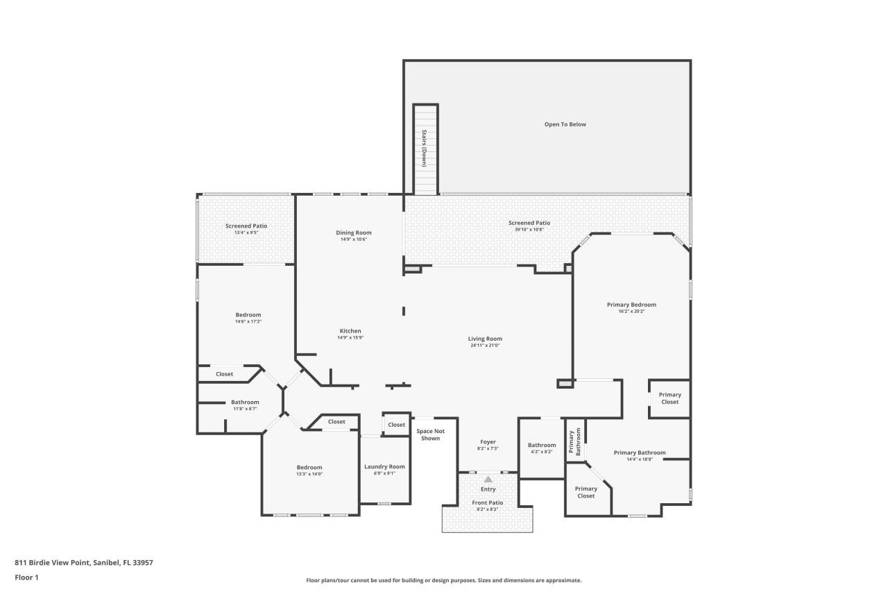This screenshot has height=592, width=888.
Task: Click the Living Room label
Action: pyautogui.click(x=485, y=339)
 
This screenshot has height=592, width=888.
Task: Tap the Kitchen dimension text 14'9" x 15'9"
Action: pyautogui.click(x=350, y=337)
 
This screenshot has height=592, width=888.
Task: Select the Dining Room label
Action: pyautogui.click(x=354, y=232)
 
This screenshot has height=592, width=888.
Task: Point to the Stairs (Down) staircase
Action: pyautogui.click(x=425, y=149)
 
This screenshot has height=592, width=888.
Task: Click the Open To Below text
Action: pyautogui.click(x=565, y=124)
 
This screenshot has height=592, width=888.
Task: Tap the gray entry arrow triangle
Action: pyautogui.click(x=488, y=479)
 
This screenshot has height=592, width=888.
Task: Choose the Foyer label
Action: pyautogui.click(x=488, y=441)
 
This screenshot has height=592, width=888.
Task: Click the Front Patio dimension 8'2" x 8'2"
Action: pyautogui.click(x=487, y=509)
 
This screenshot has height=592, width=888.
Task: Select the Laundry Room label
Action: pyautogui.click(x=384, y=466)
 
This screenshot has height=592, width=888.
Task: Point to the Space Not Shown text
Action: pyautogui.click(x=431, y=434)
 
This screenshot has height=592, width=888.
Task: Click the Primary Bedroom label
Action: pyautogui.click(x=631, y=305)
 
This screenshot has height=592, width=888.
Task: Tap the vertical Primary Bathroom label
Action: pyautogui.click(x=574, y=441)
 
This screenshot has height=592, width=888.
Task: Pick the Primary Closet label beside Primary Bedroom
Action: pyautogui.click(x=670, y=398)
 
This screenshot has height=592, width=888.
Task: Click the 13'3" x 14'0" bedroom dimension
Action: pyautogui.click(x=309, y=474)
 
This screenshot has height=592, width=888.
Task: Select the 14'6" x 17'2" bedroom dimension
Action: pyautogui.click(x=248, y=321)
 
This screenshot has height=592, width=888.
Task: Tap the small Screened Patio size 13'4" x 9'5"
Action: pyautogui.click(x=246, y=232)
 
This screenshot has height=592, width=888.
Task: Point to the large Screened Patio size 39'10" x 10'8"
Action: pyautogui.click(x=529, y=229)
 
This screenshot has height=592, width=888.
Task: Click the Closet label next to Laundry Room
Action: pyautogui.click(x=396, y=425)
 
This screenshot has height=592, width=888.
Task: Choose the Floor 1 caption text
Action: pyautogui.click(x=26, y=577)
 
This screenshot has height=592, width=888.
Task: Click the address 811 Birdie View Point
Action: pyautogui.click(x=52, y=562)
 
